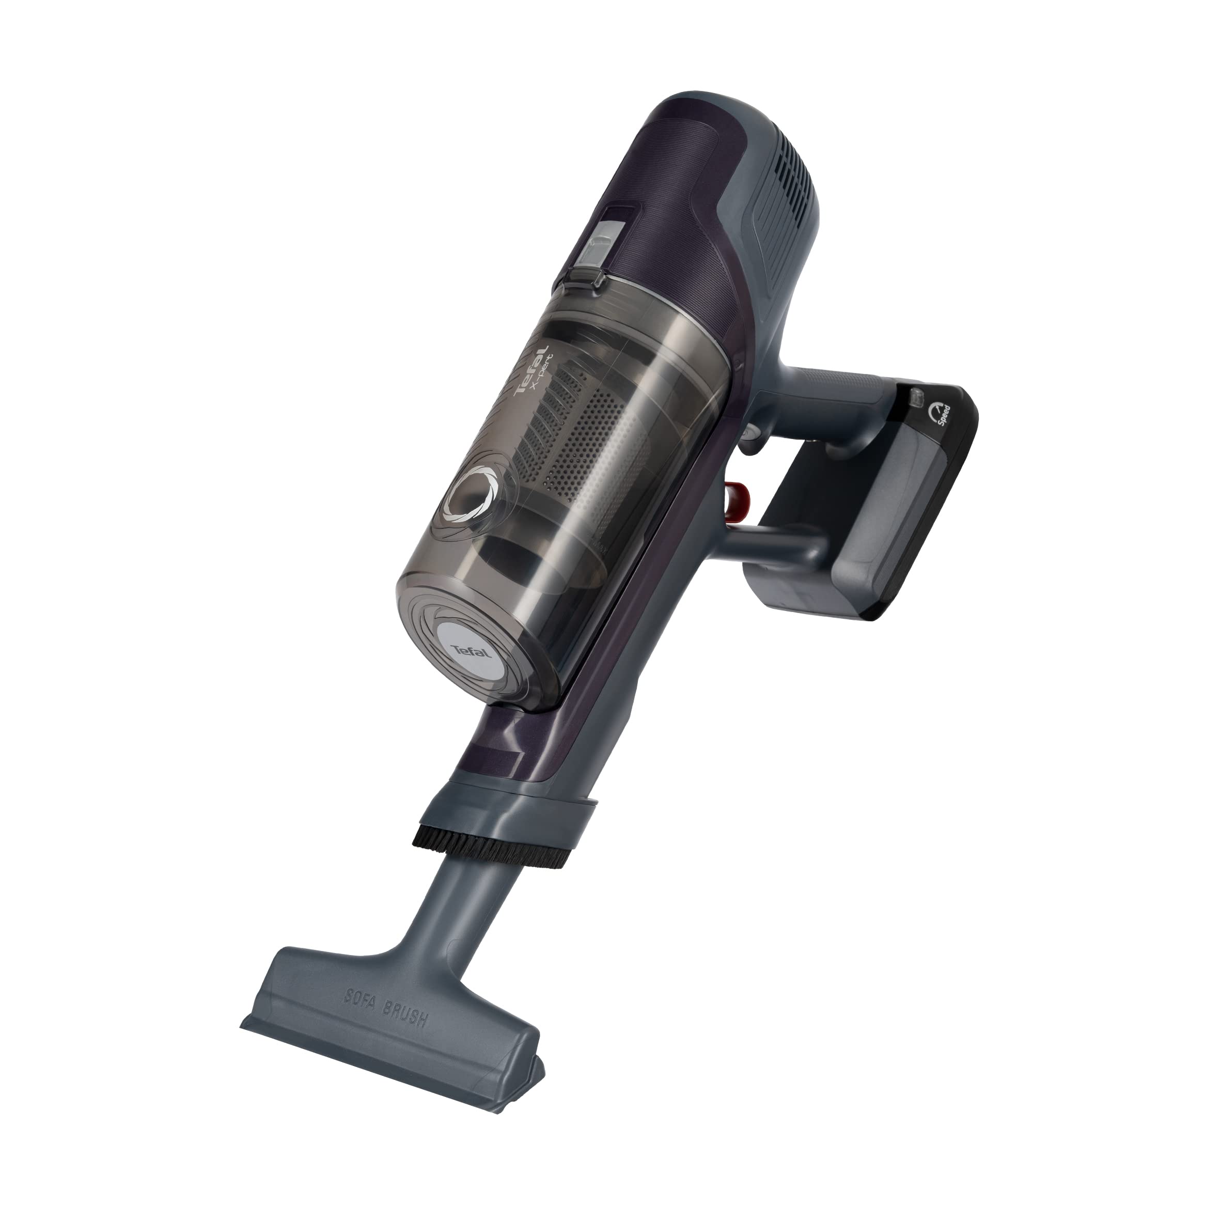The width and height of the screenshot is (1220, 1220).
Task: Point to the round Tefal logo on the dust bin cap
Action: (473, 632)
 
